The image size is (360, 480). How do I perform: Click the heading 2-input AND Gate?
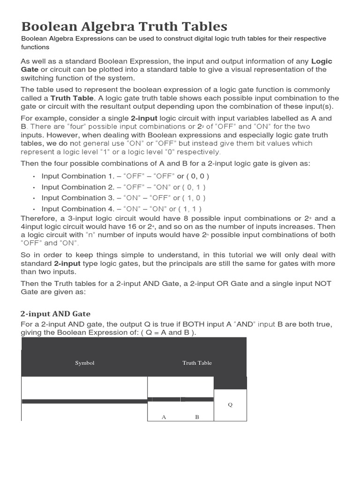[56, 314]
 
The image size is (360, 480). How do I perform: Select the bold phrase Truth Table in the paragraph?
[72, 98]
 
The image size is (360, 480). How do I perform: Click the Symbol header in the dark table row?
[85, 363]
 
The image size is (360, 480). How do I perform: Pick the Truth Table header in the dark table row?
[197, 363]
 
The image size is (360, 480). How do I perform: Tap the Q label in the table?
[230, 405]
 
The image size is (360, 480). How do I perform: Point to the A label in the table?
[164, 417]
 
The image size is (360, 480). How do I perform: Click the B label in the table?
[197, 417]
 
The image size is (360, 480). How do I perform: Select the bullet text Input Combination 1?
[75, 176]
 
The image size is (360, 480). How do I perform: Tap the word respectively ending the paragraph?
[195, 152]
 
